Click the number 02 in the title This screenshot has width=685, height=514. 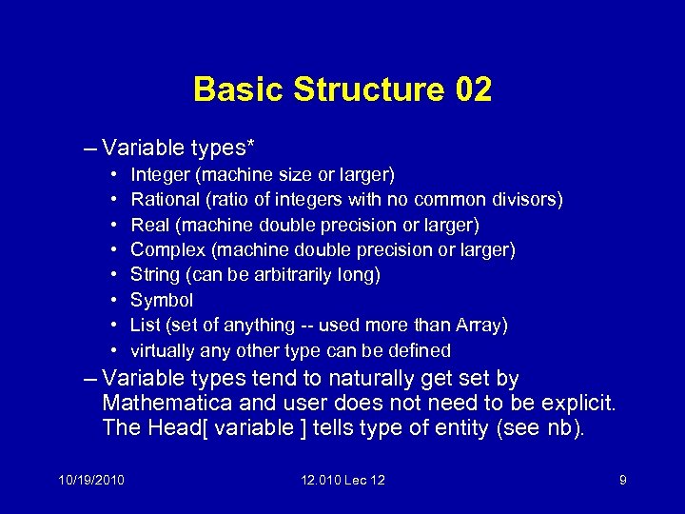point(474,89)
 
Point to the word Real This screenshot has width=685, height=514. point(149,226)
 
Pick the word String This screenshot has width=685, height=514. point(154,275)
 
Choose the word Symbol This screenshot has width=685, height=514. point(162,300)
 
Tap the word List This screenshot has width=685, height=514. point(146,326)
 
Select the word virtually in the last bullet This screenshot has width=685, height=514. point(162,350)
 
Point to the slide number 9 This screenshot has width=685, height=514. point(622,480)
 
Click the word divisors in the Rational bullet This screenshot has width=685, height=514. point(525,200)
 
